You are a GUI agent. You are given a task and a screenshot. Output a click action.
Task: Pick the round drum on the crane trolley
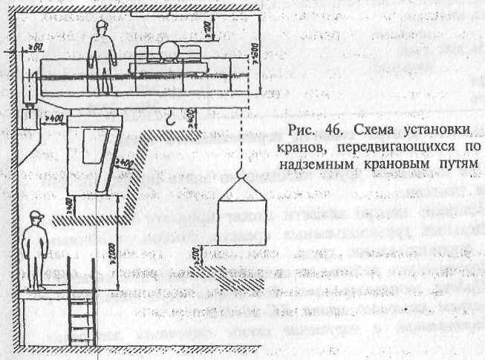[x=166, y=53]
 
